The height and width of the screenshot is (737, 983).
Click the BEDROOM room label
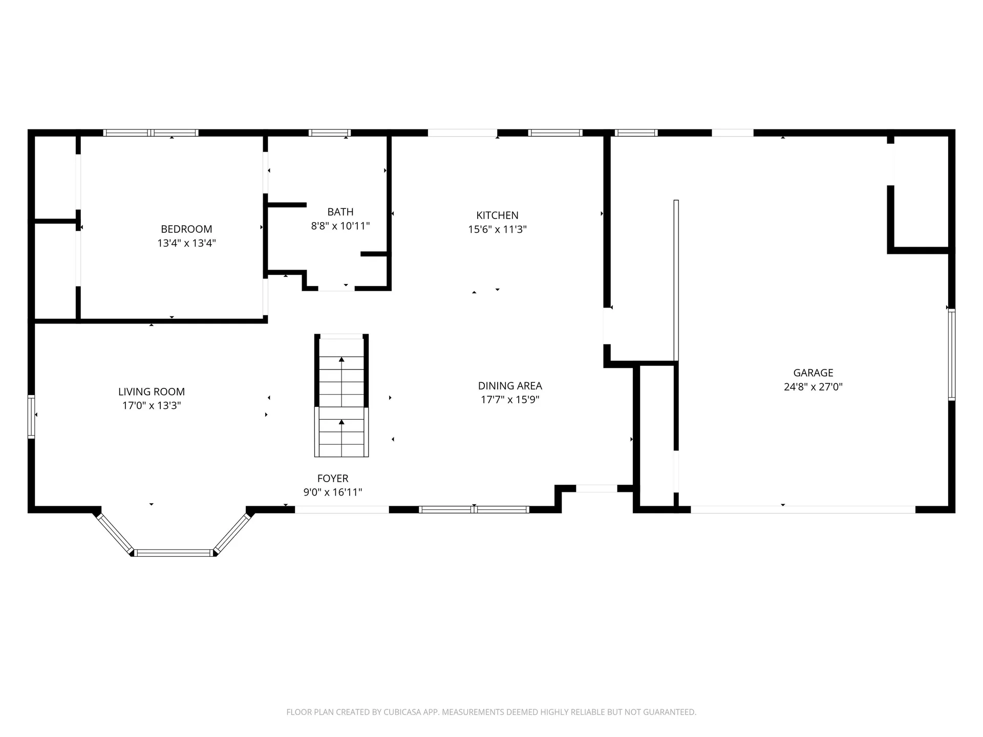point(186,229)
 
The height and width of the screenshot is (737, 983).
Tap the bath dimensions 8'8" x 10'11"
point(340,226)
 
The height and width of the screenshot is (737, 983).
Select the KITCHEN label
point(497,215)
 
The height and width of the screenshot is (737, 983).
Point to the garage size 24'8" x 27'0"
point(813,387)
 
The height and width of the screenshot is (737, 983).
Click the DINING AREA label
point(510,386)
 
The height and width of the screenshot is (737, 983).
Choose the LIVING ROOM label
point(152,392)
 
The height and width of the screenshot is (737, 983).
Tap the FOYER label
point(333,479)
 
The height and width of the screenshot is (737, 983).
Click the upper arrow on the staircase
point(341,360)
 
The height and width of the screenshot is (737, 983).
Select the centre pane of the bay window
point(174,553)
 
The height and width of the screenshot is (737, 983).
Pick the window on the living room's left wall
point(31,417)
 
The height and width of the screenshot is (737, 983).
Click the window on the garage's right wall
point(951,355)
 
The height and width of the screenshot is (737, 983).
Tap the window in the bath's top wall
point(330,133)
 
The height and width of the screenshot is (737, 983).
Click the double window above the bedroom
point(151,133)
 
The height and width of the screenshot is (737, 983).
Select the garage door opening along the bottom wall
point(802,509)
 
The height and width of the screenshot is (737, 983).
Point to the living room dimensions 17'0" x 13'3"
point(152,406)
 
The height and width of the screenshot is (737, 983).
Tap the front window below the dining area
point(474,509)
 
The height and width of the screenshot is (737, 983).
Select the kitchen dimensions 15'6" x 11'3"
point(497,229)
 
